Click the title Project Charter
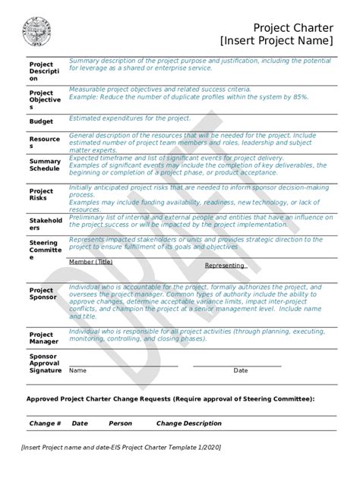pyautogui.click(x=293, y=28)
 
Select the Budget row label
pyautogui.click(x=41, y=121)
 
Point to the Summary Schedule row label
pyautogui.click(x=45, y=165)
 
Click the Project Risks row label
pyautogui.click(x=41, y=194)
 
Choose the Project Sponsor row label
pyautogui.click(x=43, y=294)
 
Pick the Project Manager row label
pyautogui.click(x=42, y=338)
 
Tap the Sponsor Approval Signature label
pyautogui.click(x=45, y=363)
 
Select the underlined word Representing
pyautogui.click(x=225, y=266)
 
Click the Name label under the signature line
pyautogui.click(x=77, y=371)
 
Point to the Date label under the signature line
pyautogui.click(x=240, y=371)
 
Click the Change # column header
pyautogui.click(x=45, y=423)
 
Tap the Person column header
pyautogui.click(x=120, y=423)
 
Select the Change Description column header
pyautogui.click(x=189, y=423)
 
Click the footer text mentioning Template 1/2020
pyautogui.click(x=122, y=448)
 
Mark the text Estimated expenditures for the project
pyautogui.click(x=129, y=118)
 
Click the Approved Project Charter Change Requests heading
pyautogui.click(x=170, y=398)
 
